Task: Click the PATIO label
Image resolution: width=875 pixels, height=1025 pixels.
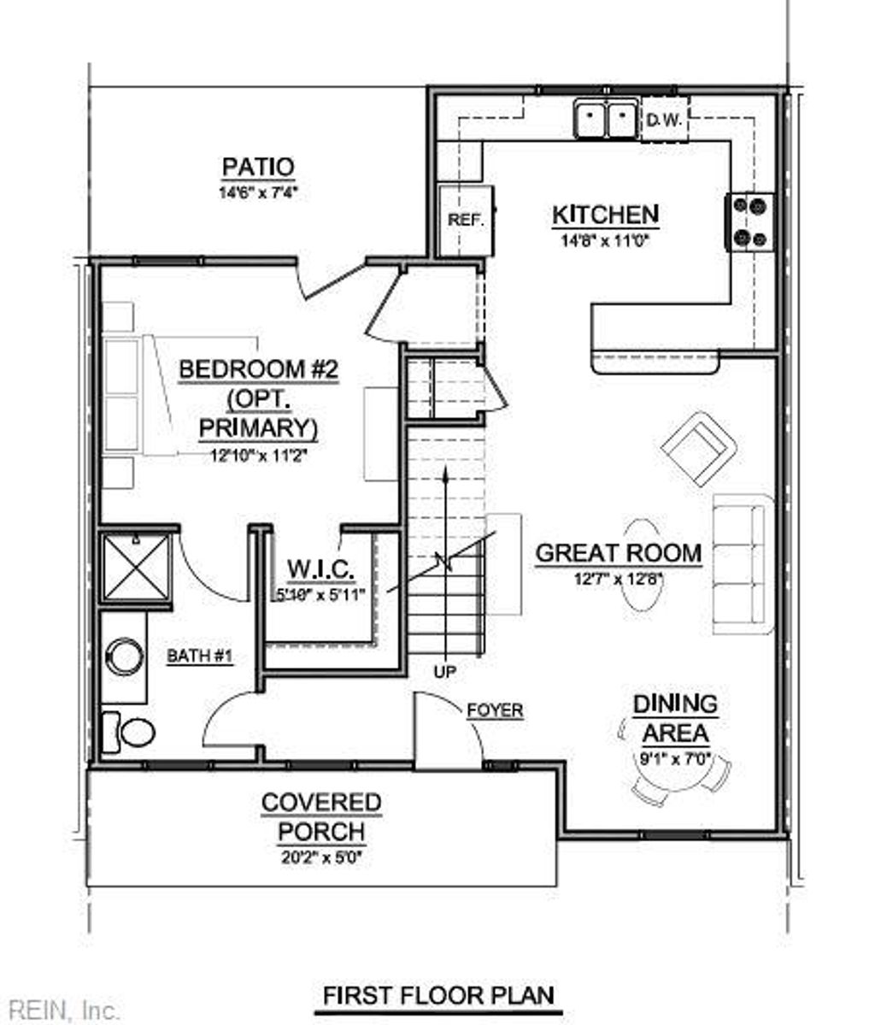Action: point(257,167)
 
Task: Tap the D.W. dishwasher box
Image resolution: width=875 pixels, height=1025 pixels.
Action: point(663,121)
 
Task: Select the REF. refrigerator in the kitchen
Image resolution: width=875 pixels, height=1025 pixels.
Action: point(466,220)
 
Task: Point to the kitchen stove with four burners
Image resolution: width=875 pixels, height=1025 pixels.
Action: point(749,222)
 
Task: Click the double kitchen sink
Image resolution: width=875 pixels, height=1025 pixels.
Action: point(606,119)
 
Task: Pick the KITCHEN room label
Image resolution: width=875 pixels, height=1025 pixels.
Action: point(605,215)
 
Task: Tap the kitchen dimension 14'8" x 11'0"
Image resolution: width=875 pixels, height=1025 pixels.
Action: point(605,241)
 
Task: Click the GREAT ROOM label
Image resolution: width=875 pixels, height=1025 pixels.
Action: point(618,553)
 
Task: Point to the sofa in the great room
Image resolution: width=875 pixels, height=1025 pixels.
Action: point(742,564)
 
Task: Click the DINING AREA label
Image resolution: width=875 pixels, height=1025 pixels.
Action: point(675,718)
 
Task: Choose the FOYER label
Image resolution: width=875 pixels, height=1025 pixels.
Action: point(495,710)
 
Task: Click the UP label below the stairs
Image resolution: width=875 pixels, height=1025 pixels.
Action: point(444,672)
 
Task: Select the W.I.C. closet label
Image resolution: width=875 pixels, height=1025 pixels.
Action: point(320,568)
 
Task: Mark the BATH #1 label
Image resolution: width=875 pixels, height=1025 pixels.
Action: point(199,657)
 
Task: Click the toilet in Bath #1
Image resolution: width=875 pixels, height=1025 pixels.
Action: point(130,732)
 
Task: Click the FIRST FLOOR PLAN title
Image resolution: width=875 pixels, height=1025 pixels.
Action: point(437,996)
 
